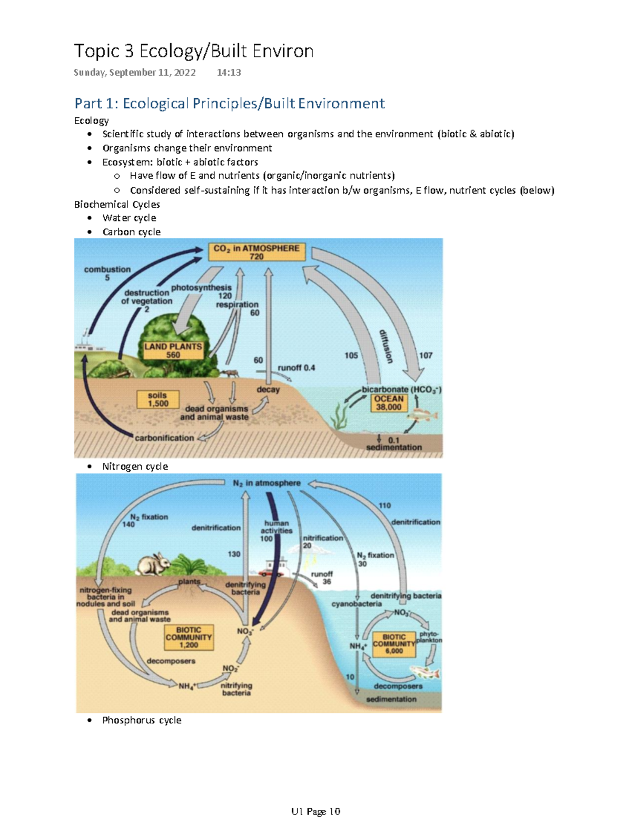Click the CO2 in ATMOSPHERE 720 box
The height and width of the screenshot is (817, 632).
[x=256, y=252]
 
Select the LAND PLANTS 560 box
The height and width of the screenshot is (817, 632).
[x=173, y=351]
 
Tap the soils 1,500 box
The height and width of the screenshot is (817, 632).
[x=157, y=399]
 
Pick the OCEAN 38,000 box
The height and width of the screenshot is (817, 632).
[x=388, y=403]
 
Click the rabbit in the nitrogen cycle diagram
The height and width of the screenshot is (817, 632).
[x=153, y=564]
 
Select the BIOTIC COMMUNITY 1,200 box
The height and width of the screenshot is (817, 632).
[x=189, y=637]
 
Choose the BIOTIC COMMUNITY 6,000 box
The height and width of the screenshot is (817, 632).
[x=393, y=644]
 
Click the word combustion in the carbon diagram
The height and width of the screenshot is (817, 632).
[x=107, y=269]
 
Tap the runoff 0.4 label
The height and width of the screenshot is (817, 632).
[x=296, y=368]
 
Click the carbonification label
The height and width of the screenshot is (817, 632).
[x=164, y=438]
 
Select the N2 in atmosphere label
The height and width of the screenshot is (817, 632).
[x=266, y=483]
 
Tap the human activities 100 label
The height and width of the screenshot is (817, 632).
[x=276, y=531]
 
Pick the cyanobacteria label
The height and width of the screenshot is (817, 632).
[x=357, y=604]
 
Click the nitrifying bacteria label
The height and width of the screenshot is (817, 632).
[x=236, y=689]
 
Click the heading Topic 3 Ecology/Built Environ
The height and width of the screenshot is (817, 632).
[x=193, y=51]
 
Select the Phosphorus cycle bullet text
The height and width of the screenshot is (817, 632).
[x=142, y=720]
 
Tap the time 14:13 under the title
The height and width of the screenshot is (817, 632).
[x=229, y=73]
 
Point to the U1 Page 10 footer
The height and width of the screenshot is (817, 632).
[x=315, y=811]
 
